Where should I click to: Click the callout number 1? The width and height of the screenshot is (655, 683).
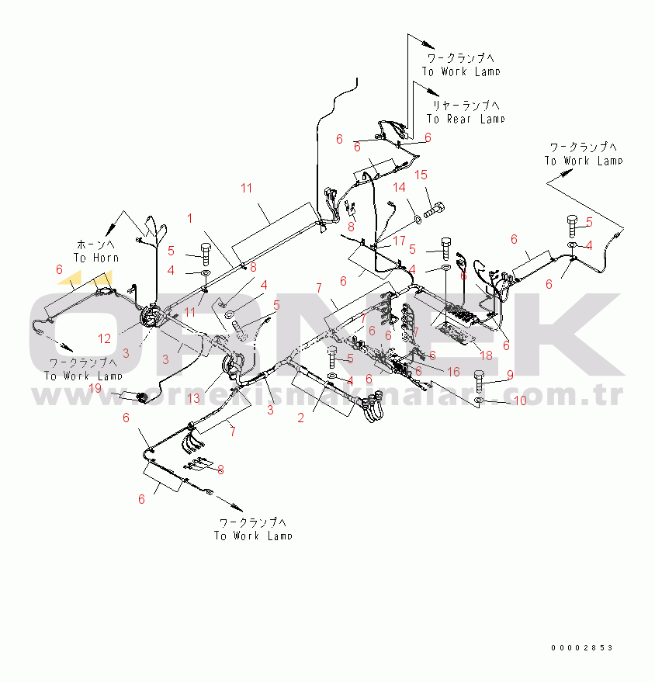click(189, 219)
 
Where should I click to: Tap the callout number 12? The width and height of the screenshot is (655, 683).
click(104, 338)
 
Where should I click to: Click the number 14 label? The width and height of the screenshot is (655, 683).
click(398, 187)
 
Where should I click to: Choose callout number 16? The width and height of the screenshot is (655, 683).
click(453, 373)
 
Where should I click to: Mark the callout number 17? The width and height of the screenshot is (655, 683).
click(399, 241)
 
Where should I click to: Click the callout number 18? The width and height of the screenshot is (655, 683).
click(486, 355)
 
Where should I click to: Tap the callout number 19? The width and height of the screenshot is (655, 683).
click(95, 387)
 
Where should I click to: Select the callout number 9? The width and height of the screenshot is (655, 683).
click(510, 375)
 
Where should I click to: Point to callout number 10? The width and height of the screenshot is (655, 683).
click(520, 400)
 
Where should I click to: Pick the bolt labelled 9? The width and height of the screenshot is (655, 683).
click(479, 380)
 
